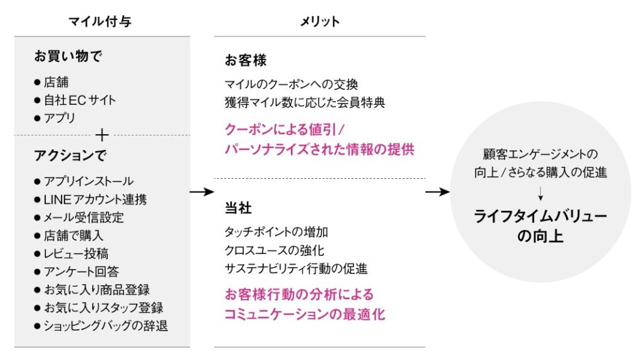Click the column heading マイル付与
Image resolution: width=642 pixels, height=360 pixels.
pyautogui.click(x=100, y=21)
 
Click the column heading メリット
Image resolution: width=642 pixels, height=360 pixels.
pyautogui.click(x=320, y=21)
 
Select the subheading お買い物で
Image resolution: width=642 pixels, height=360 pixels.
pyautogui.click(x=68, y=56)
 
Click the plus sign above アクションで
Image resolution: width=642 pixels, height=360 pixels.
pyautogui.click(x=102, y=135)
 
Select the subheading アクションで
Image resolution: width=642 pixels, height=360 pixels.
pyautogui.click(x=70, y=155)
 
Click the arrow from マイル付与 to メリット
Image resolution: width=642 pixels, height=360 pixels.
pyautogui.click(x=202, y=192)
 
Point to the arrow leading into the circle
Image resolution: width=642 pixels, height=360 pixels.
pyautogui.click(x=437, y=192)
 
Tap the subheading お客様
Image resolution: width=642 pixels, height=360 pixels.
pyautogui.click(x=246, y=61)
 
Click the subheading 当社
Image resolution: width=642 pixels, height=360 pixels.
pyautogui.click(x=238, y=208)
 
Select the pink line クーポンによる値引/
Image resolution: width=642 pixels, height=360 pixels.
pyautogui.click(x=285, y=129)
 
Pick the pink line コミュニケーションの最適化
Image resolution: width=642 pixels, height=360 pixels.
pyautogui.click(x=305, y=315)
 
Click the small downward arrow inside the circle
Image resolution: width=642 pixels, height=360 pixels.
pyautogui.click(x=540, y=194)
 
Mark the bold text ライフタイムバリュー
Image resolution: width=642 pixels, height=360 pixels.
pyautogui.click(x=540, y=216)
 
